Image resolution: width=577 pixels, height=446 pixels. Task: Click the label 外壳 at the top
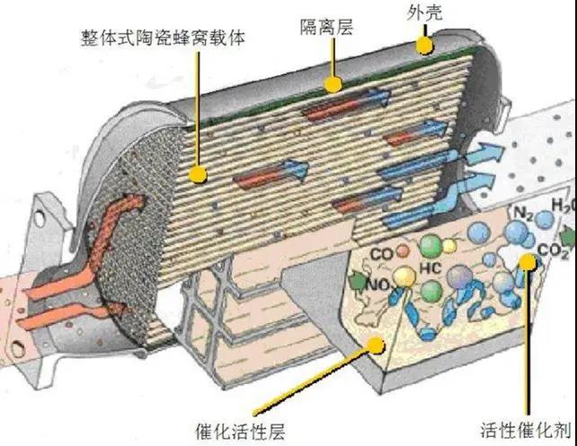pos(424,13)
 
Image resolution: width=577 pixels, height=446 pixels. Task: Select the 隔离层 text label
pos(326,27)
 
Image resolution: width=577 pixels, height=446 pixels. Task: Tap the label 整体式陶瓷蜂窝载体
pos(163,37)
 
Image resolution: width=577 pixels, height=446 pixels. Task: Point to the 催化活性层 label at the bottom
pos(240,431)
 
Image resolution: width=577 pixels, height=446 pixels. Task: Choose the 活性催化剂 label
pos(526,430)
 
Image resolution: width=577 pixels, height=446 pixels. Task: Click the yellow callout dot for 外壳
pos(424,46)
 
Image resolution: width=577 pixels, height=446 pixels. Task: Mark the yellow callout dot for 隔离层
pos(333,84)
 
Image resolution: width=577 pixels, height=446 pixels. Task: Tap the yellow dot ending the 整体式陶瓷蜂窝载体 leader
pos(198,174)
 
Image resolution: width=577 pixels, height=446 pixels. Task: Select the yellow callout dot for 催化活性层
pos(376,345)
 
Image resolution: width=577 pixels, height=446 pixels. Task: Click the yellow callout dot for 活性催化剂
pos(528,261)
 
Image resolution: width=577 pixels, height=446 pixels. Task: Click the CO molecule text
pos(382,254)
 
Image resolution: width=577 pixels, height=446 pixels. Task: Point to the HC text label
pos(430,268)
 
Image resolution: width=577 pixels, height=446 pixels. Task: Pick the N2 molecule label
pos(523,214)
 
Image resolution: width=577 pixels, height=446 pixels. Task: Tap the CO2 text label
pos(553,251)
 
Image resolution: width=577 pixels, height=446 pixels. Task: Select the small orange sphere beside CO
pos(403,251)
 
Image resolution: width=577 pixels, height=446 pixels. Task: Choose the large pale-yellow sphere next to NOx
pos(404,276)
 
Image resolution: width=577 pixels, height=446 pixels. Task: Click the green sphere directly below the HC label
pos(431,292)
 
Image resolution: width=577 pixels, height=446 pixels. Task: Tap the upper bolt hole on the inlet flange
pos(40,218)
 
